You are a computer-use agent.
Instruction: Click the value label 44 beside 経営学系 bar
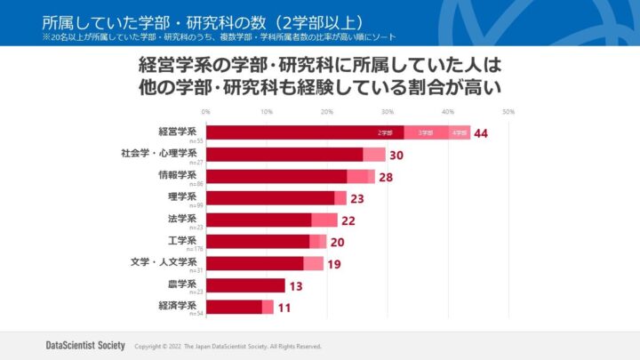(483, 132)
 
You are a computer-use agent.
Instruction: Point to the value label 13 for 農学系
(297, 285)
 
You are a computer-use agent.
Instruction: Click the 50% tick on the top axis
(508, 112)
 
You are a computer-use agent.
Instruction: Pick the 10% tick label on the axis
(266, 112)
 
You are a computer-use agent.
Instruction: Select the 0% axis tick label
(206, 112)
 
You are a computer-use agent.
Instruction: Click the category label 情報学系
(178, 174)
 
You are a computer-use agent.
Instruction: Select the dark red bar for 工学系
(258, 241)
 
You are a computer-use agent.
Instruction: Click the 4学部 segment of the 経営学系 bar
(459, 132)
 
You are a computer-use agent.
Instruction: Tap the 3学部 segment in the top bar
(426, 132)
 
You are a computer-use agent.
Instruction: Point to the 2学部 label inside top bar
(385, 132)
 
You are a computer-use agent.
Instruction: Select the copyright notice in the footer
(228, 346)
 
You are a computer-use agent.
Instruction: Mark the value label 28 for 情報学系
(386, 176)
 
